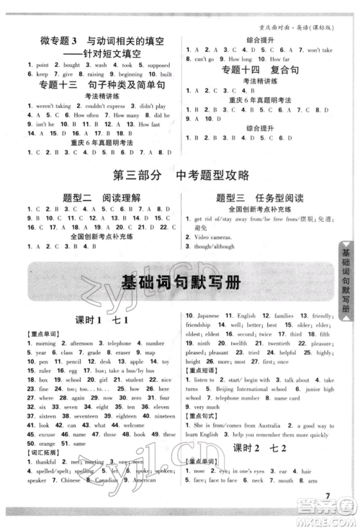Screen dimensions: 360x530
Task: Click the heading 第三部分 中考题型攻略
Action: click(x=180, y=174)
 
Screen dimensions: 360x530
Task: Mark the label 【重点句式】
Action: click(x=202, y=416)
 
